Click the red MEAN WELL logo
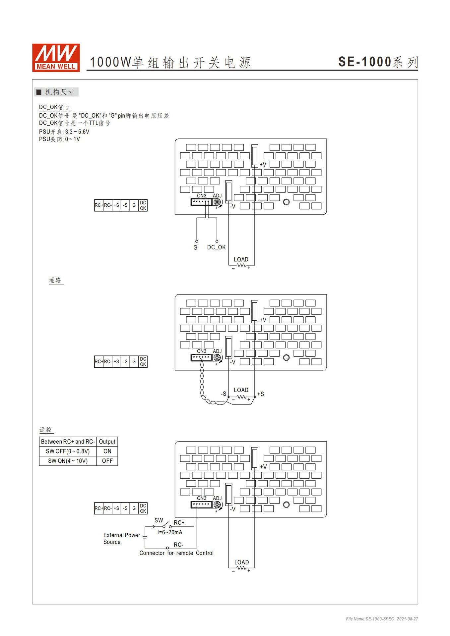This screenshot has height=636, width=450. coord(56,58)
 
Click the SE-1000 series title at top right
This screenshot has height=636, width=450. coord(378,62)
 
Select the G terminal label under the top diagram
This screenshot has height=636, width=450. coord(195,247)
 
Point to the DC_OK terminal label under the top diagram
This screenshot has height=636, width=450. coord(216,247)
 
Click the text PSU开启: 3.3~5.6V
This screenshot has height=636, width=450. coord(64,132)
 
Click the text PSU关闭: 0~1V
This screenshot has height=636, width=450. coord(59,139)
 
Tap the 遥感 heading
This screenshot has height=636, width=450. coord(55,280)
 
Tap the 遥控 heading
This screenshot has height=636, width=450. coord(46,430)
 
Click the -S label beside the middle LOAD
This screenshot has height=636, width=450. coord(224,394)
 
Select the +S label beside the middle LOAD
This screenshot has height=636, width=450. coord(260,394)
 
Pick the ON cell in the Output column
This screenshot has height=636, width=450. coord(107,451)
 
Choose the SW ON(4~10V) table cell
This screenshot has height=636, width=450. coord(68,461)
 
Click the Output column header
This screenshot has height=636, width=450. coord(107,442)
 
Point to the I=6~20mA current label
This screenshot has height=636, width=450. coord(170,532)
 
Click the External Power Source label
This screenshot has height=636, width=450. coord(121,538)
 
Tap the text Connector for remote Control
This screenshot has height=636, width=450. coord(176,553)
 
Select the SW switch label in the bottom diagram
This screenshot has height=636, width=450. coord(159,520)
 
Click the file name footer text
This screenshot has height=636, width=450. coord(382,619)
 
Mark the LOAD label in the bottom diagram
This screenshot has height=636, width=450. coord(241,562)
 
